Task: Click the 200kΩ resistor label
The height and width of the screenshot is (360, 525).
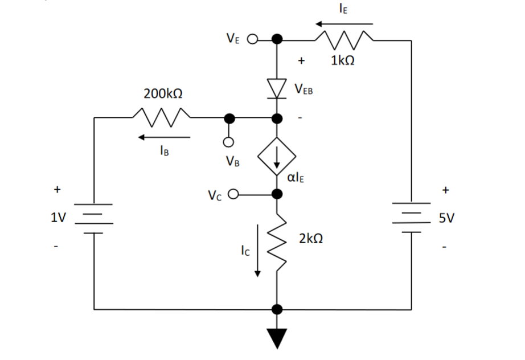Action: point(163,94)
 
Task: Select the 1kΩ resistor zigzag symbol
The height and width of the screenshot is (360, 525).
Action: point(343,40)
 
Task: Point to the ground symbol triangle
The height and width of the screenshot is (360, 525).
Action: point(277,338)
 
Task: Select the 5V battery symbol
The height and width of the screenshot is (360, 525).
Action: point(411,218)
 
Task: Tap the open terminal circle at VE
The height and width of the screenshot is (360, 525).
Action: point(252,40)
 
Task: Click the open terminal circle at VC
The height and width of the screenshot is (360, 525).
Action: point(232,195)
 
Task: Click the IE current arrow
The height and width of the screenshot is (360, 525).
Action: point(344,24)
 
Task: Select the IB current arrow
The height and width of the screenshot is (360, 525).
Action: point(164,137)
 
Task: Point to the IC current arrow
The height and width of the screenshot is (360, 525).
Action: point(257,250)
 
